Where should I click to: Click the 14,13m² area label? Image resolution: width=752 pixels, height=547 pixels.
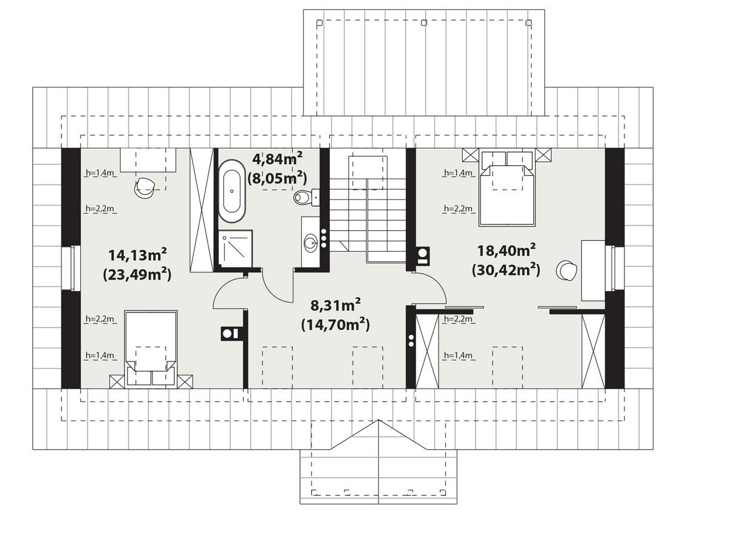pyautogui.click(x=137, y=254)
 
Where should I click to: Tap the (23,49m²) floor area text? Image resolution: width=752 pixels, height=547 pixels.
pyautogui.click(x=137, y=274)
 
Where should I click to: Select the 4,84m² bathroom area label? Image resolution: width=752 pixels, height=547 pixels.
pyautogui.click(x=277, y=159)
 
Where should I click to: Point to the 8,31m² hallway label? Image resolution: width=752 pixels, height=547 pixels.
pyautogui.click(x=335, y=304)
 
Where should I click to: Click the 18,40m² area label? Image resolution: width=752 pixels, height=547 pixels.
pyautogui.click(x=506, y=249)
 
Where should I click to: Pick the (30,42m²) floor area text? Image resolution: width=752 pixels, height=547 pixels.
pyautogui.click(x=506, y=269)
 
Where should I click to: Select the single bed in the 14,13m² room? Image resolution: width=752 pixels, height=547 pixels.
pyautogui.click(x=151, y=346)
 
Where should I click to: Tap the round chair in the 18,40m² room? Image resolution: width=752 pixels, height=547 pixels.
pyautogui.click(x=568, y=271)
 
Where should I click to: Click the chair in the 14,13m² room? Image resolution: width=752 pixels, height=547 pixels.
pyautogui.click(x=146, y=187)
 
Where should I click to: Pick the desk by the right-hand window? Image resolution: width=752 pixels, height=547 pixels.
pyautogui.click(x=593, y=270)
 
